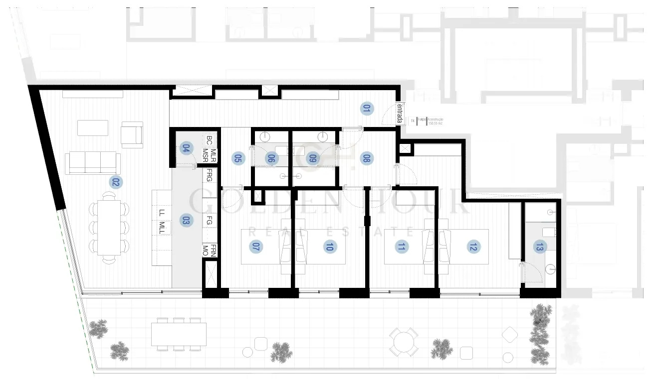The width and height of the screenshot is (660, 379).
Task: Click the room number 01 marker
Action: pos(367,109)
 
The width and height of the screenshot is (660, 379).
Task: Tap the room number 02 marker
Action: pos(116,182)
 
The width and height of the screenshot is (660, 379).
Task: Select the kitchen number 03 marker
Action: pos(186,221)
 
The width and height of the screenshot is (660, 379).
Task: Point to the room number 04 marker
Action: pos(187,148)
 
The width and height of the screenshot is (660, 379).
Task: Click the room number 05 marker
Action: pos(237,158)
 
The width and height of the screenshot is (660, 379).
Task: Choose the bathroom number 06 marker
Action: pos(271,158)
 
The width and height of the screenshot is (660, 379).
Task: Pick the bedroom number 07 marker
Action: pos(256,246)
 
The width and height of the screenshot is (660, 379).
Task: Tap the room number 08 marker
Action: pos(367,158)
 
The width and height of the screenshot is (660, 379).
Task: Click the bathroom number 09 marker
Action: pos(313,158)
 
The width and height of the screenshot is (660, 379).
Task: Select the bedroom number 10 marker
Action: pos(329,246)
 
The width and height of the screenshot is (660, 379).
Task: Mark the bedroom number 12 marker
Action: pos(472,246)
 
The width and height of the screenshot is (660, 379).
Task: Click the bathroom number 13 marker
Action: pos(539,246)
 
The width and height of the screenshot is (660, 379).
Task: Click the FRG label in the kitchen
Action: pos(210,175)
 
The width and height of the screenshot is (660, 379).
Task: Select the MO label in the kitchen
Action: pos(205,253)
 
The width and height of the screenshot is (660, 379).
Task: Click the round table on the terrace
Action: pos(403,342)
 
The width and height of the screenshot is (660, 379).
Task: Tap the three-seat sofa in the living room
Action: pos(93,163)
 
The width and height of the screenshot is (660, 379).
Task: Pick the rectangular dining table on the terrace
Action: pos(179,334)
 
